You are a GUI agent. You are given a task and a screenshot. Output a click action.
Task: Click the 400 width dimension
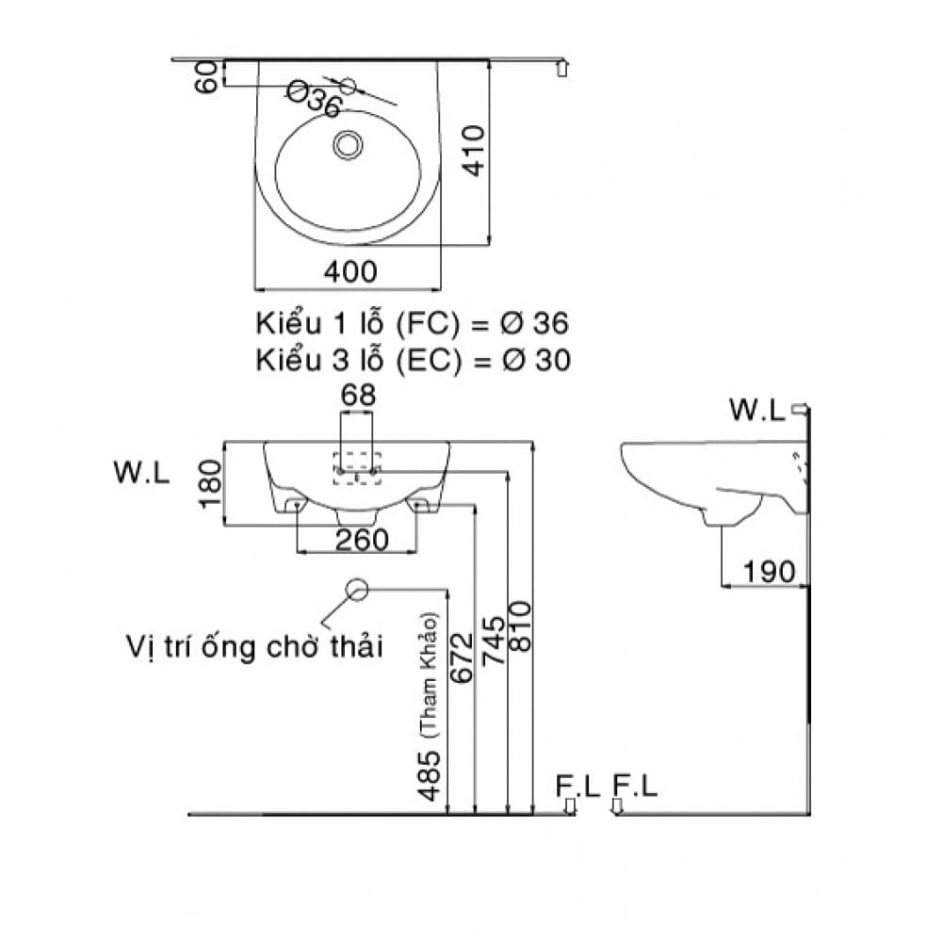click(350, 271)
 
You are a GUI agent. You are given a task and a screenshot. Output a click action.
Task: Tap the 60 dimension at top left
click(209, 75)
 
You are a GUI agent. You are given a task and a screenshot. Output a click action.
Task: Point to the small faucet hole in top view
click(348, 86)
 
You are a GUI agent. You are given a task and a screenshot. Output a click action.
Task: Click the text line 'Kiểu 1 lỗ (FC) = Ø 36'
click(413, 323)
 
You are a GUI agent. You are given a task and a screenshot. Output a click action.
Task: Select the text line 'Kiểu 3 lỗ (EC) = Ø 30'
click(413, 360)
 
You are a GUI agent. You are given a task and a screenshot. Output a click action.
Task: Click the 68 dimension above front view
click(357, 396)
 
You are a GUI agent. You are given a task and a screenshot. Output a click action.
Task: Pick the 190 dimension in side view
click(769, 571)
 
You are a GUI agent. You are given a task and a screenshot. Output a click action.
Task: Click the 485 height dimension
click(430, 774)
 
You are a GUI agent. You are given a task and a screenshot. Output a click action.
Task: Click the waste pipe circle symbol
click(357, 589)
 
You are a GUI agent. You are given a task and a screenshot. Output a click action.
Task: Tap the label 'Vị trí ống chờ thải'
click(254, 648)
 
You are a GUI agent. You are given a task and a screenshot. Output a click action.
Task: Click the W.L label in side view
click(757, 410)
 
